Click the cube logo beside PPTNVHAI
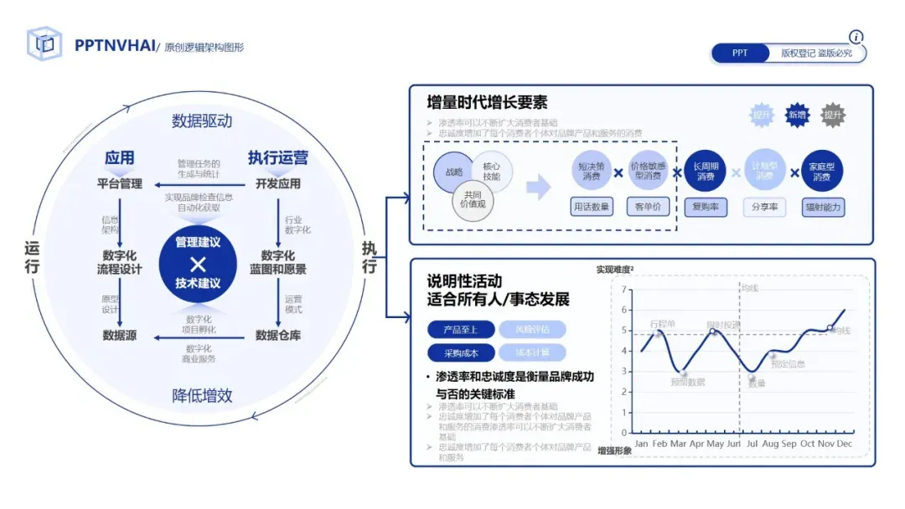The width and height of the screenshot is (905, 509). click(x=44, y=44)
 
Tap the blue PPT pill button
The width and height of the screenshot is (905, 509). click(x=740, y=54)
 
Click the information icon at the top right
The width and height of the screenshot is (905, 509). click(x=856, y=37)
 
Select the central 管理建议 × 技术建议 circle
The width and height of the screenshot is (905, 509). click(x=198, y=263)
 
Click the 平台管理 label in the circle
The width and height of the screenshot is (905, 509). click(x=120, y=183)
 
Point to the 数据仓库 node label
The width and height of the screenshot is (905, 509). click(x=278, y=336)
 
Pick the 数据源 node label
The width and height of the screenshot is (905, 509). click(x=120, y=336)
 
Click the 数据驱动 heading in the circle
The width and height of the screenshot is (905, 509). click(x=202, y=121)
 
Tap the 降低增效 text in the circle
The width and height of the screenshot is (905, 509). click(x=202, y=395)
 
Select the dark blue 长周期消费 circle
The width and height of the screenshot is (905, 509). click(x=706, y=172)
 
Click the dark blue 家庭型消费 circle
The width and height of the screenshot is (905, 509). click(x=821, y=172)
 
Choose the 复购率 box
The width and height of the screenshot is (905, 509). click(x=706, y=207)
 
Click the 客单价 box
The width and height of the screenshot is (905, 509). click(x=649, y=207)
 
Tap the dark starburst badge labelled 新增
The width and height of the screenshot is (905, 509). click(x=797, y=116)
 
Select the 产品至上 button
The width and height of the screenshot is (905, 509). click(x=459, y=329)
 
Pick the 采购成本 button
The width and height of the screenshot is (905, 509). click(x=459, y=353)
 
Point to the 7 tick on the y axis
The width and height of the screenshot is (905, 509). click(x=623, y=289)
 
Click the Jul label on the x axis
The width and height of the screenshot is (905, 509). click(x=752, y=443)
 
